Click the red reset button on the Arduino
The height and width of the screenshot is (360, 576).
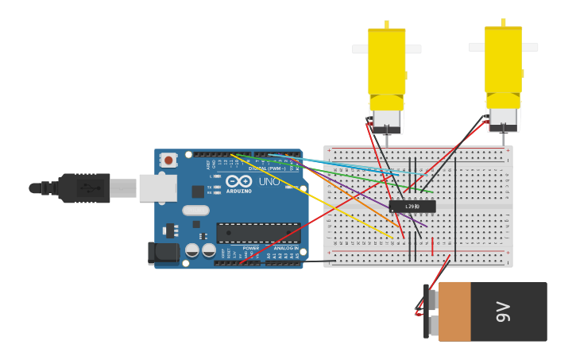click(168, 160)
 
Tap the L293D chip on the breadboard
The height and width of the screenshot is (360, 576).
click(412, 207)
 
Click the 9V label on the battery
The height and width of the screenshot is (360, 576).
click(503, 312)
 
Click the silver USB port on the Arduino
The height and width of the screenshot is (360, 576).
click(158, 188)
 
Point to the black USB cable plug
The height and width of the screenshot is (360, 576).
click(83, 188)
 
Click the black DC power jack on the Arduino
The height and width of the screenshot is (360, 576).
click(164, 253)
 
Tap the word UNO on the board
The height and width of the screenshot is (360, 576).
click(269, 182)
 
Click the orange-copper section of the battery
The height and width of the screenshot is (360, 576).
click(454, 312)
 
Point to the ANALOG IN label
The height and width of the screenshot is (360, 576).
click(286, 248)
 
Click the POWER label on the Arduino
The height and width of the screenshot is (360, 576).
click(251, 248)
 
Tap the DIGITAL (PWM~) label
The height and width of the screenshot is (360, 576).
click(267, 168)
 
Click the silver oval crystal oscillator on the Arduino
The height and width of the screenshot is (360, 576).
click(195, 211)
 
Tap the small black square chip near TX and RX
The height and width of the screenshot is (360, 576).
click(198, 192)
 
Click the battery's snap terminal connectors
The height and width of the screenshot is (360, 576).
click(432, 311)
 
